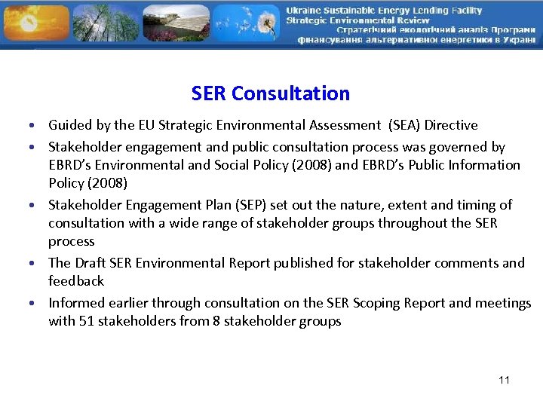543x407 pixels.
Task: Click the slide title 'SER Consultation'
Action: coord(271,93)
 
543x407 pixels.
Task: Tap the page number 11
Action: coord(504,380)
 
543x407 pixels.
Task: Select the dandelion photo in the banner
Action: coord(244,23)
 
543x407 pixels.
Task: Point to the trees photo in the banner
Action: coord(106,23)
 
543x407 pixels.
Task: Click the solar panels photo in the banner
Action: coord(175,23)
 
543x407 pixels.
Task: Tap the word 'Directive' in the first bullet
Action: coord(450,125)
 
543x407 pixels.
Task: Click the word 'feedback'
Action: coord(76,281)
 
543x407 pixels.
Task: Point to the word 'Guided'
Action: coord(69,125)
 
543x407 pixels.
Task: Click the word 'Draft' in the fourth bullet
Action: coord(91,263)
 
